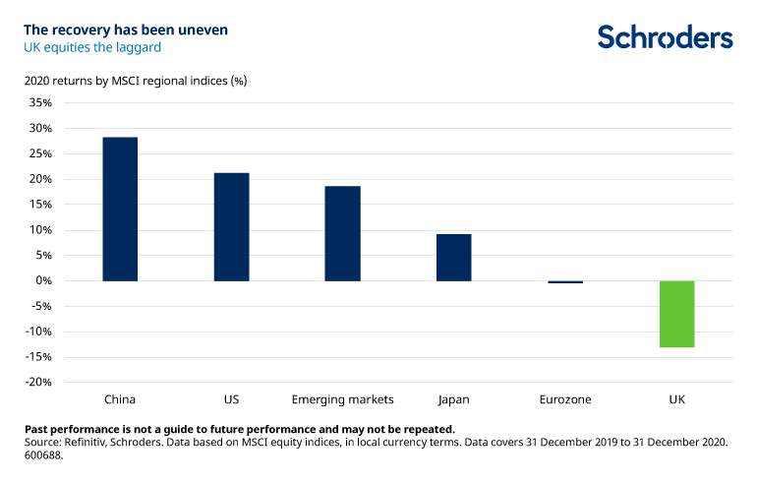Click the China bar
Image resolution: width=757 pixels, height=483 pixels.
tap(120, 209)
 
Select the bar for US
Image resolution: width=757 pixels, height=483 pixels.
tap(231, 226)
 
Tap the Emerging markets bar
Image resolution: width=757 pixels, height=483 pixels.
tap(342, 233)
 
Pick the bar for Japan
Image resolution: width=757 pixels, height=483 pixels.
tap(453, 257)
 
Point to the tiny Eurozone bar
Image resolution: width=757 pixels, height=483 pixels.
tap(565, 282)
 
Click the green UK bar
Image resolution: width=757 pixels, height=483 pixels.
tap(676, 314)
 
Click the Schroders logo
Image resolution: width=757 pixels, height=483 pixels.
tap(665, 37)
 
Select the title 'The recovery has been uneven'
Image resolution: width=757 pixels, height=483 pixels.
tap(126, 30)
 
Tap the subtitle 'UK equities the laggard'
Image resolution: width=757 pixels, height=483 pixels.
tap(91, 47)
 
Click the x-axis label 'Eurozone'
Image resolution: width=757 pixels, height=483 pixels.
tap(565, 399)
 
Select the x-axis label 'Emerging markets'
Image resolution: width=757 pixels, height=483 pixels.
tap(342, 399)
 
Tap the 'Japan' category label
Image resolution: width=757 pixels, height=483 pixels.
tap(453, 399)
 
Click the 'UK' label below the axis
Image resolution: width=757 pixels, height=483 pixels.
tap(676, 399)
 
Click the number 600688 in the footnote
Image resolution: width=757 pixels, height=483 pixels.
tap(45, 454)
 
